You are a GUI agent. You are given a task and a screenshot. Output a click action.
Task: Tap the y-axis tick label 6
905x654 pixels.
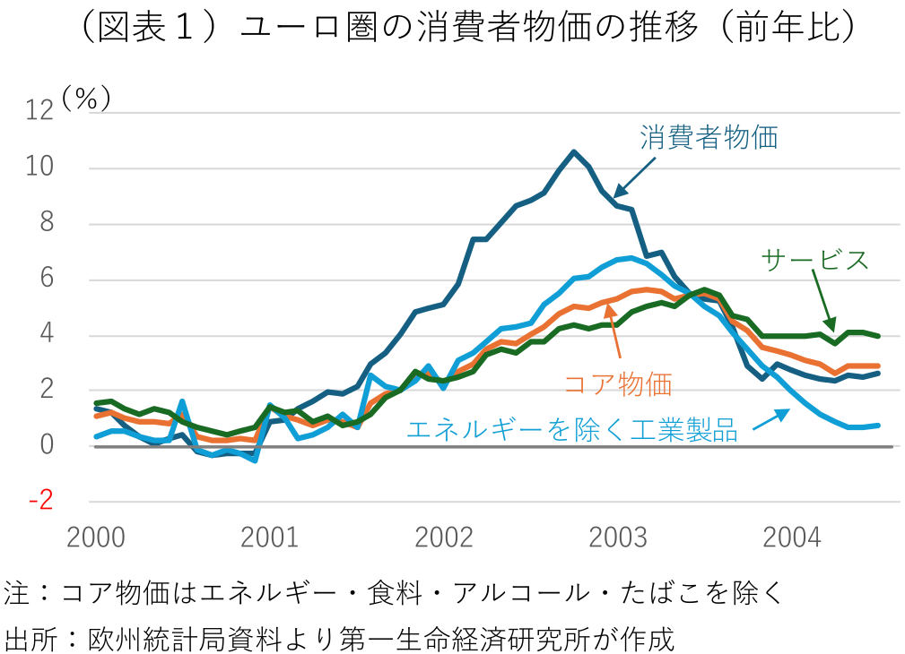(x=47, y=279)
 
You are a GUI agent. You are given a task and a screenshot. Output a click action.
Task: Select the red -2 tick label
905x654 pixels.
(x=41, y=502)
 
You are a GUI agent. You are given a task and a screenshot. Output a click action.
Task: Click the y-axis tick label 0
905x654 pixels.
(x=47, y=446)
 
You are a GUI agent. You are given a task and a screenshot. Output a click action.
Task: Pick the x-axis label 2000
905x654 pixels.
(x=96, y=538)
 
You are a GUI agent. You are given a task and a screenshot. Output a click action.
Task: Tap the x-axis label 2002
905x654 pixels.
(x=444, y=538)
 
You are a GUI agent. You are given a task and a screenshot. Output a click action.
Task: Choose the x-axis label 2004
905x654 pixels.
(x=791, y=538)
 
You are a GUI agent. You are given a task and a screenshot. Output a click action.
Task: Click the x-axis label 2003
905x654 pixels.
(x=618, y=538)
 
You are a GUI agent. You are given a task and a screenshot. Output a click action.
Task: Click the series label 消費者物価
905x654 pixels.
(x=709, y=138)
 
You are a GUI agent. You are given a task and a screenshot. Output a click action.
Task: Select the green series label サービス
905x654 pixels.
(x=814, y=260)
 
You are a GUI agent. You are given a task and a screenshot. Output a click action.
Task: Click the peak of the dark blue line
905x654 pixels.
(x=574, y=151)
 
